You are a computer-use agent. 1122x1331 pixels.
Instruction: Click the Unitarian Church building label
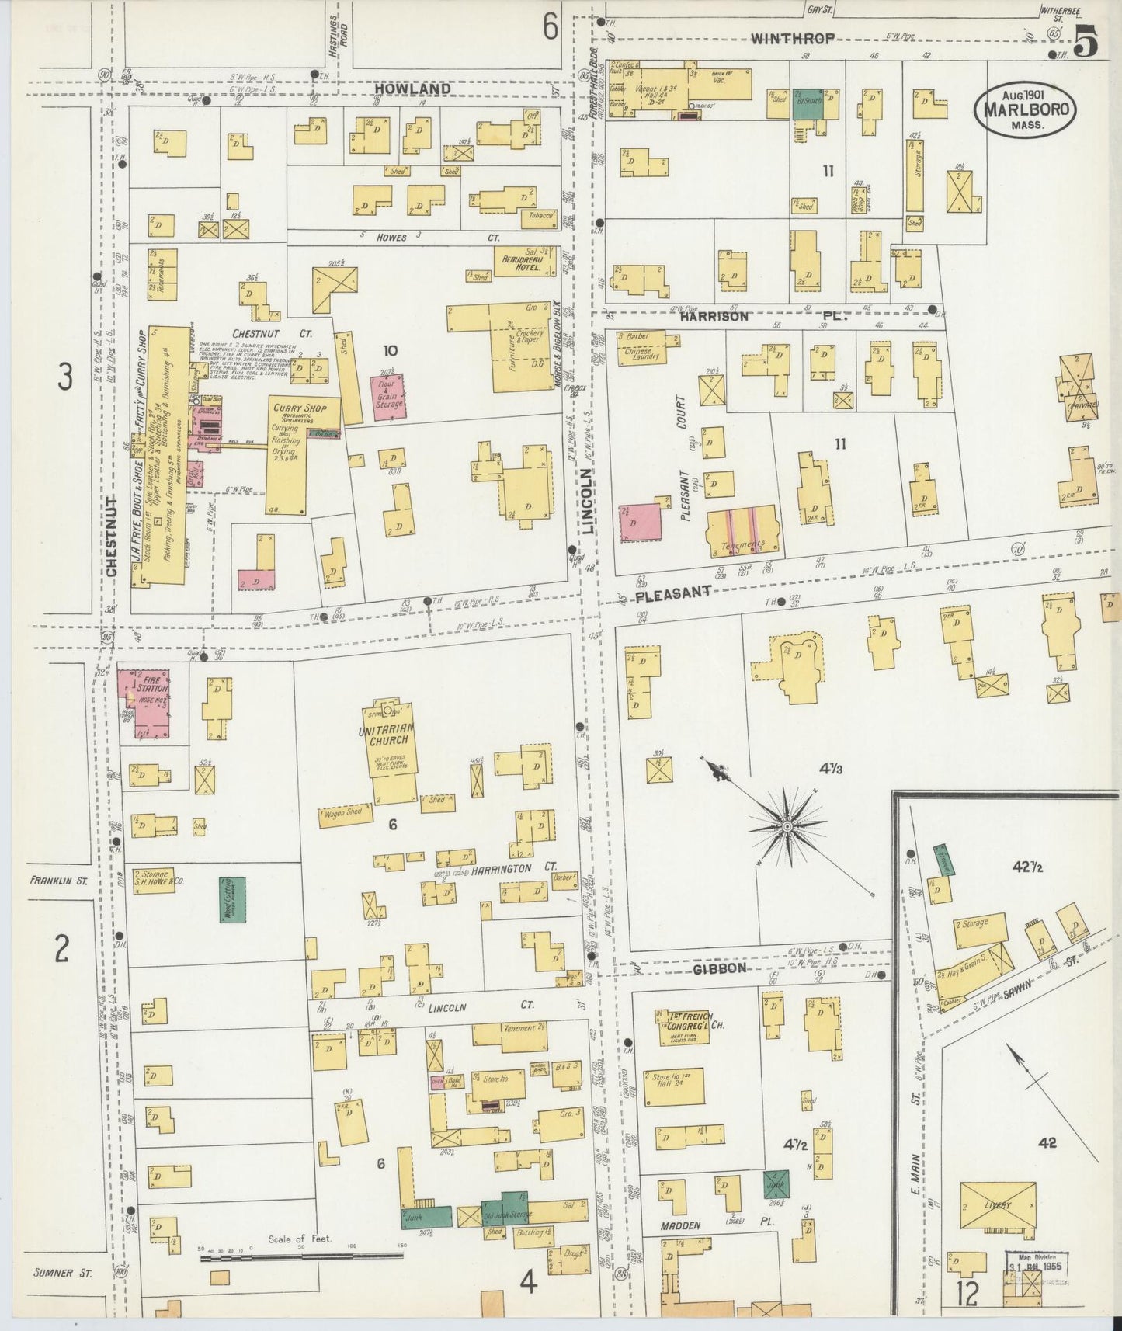pyautogui.click(x=387, y=742)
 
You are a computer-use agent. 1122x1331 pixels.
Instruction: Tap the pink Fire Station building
pyautogui.click(x=144, y=700)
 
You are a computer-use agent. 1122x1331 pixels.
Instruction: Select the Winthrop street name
pyautogui.click(x=792, y=38)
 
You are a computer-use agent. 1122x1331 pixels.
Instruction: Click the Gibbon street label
pyautogui.click(x=720, y=968)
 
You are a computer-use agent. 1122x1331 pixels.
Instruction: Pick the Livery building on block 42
pyautogui.click(x=998, y=1206)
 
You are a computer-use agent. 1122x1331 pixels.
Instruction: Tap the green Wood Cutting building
pyautogui.click(x=232, y=899)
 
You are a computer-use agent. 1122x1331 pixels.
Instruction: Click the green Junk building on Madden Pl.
pyautogui.click(x=776, y=1187)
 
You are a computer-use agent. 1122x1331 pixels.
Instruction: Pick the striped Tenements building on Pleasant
pyautogui.click(x=742, y=531)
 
